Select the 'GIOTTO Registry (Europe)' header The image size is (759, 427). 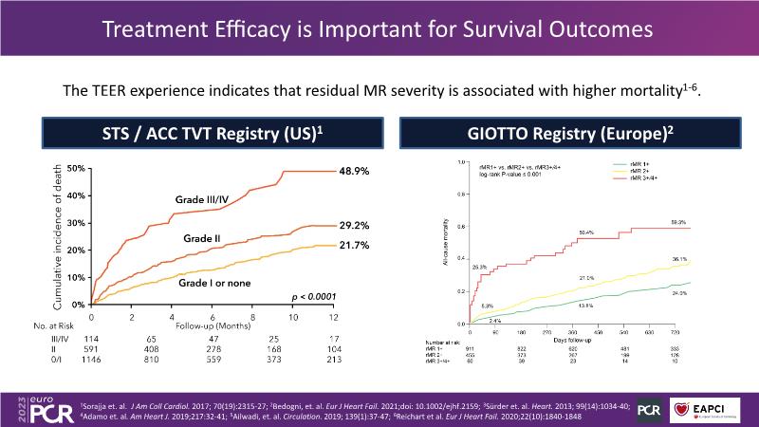570,133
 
